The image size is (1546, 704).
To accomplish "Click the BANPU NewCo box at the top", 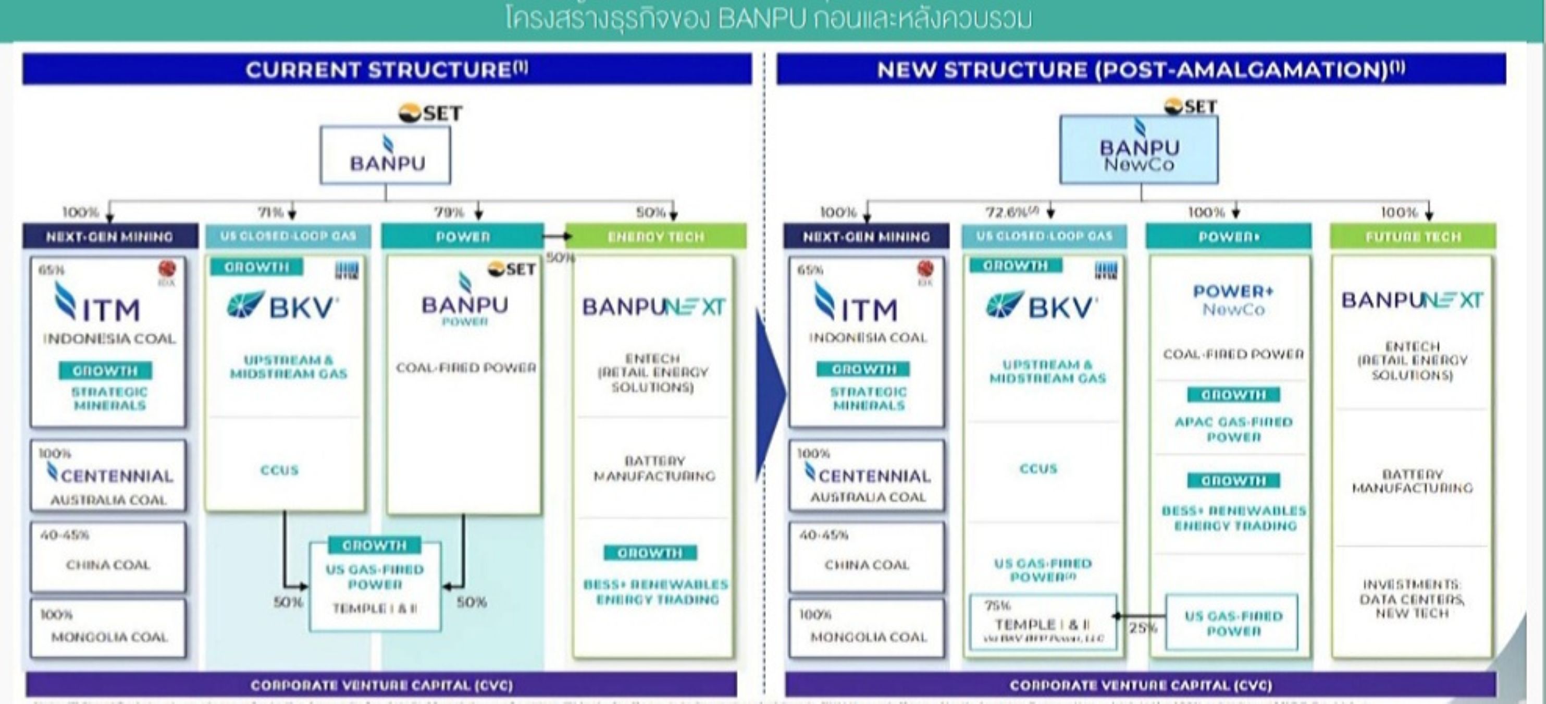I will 1139,150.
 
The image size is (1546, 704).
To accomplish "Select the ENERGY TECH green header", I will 655,236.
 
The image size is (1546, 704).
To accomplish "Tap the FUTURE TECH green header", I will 1413,236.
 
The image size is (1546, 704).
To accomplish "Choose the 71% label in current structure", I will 270,212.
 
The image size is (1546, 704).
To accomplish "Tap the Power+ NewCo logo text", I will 1233,300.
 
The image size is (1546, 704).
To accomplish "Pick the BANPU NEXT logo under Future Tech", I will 1412,300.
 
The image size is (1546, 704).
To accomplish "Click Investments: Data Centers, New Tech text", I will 1412,598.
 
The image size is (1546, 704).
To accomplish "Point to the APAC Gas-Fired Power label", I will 1233,429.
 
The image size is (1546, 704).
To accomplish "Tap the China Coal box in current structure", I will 108,557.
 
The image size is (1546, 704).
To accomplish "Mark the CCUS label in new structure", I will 1038,468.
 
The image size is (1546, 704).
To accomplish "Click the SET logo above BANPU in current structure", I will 431,113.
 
